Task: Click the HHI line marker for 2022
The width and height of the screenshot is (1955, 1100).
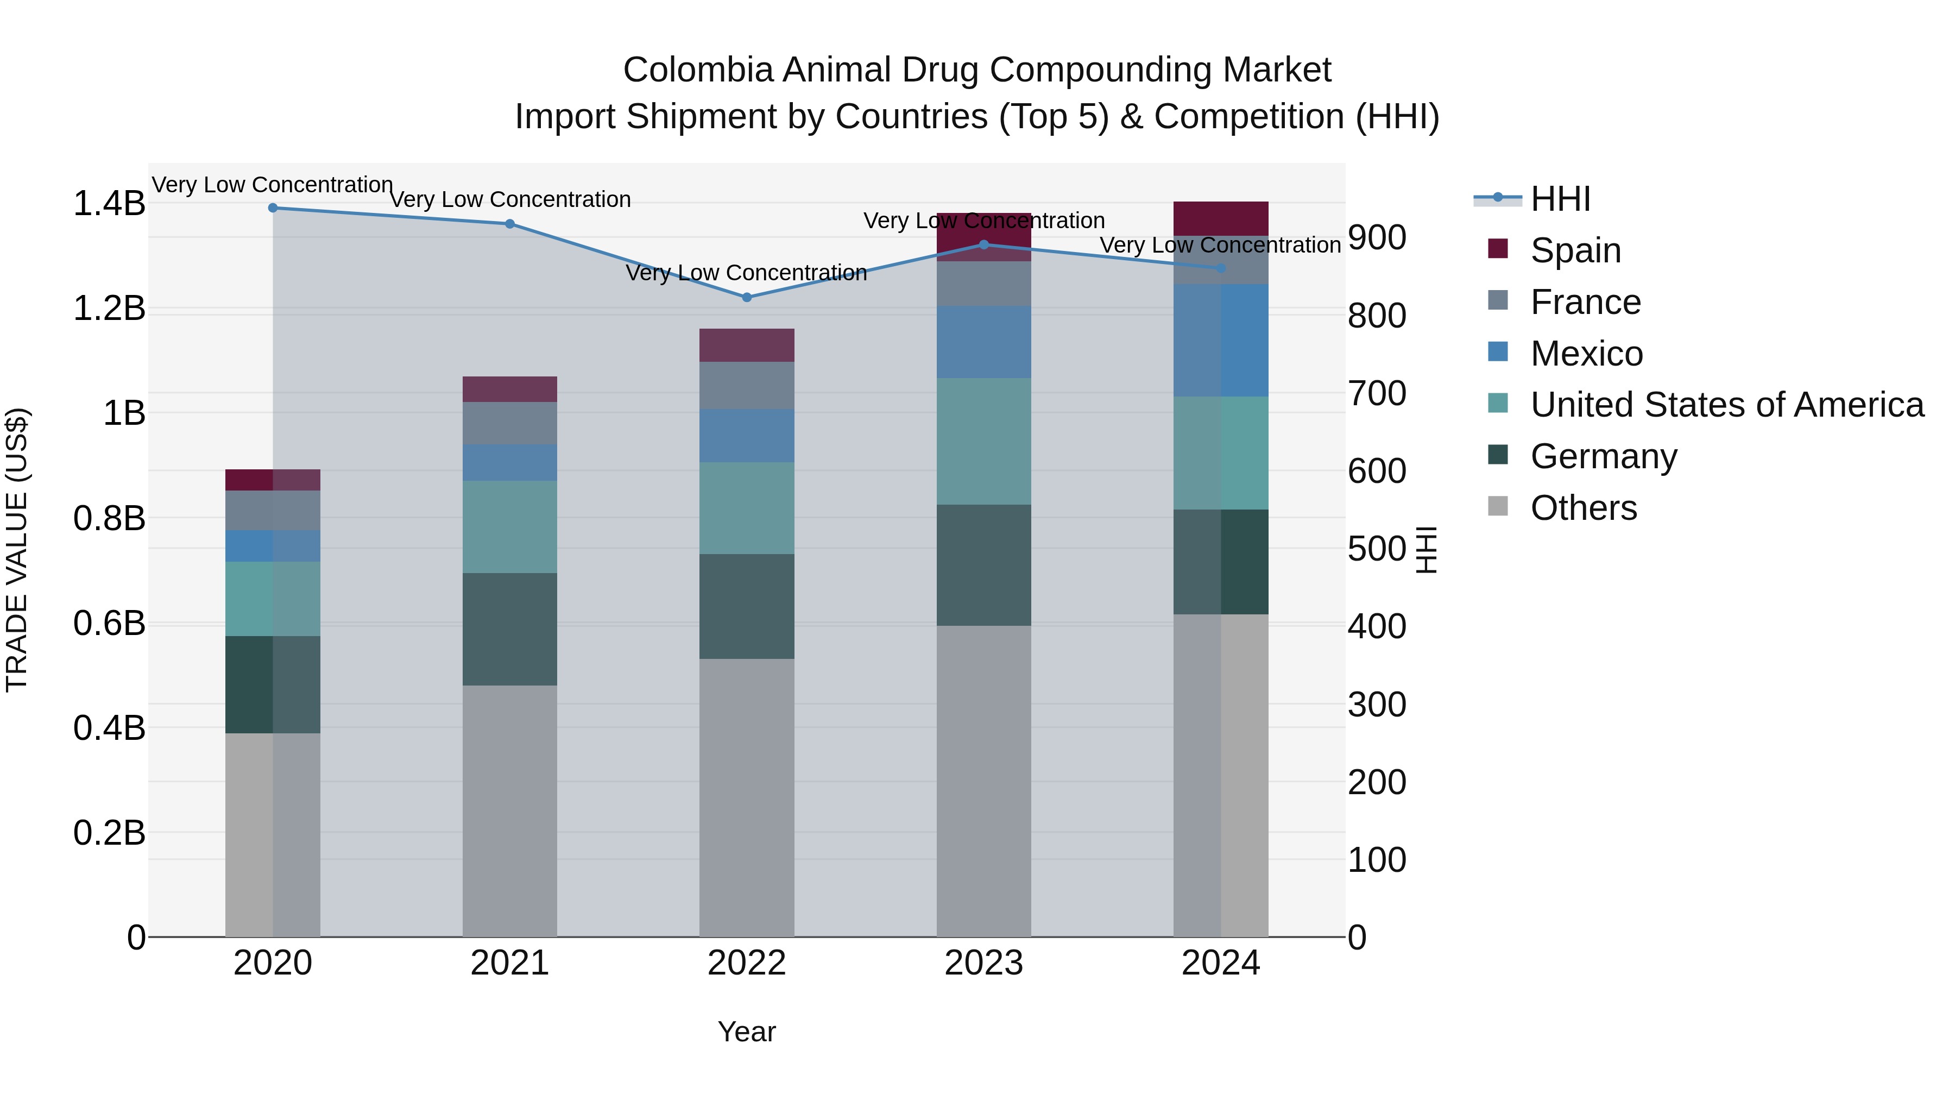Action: coord(747,298)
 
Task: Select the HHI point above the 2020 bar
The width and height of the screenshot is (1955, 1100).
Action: coord(273,208)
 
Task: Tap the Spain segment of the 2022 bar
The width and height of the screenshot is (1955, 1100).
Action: coord(747,345)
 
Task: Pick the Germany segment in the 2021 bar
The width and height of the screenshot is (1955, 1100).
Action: coord(510,630)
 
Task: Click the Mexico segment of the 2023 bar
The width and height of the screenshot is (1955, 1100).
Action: coord(983,342)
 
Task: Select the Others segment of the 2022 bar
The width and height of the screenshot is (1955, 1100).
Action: coord(747,797)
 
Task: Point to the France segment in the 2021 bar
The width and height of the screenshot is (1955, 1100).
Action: coord(510,424)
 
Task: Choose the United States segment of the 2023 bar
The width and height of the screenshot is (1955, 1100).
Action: coord(983,442)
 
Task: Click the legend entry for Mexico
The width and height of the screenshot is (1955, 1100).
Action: coord(1586,354)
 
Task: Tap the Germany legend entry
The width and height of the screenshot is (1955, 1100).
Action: coord(1603,456)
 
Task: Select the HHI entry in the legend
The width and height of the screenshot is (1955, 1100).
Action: coord(1560,199)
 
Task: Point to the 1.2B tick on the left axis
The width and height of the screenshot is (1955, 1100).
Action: coord(109,308)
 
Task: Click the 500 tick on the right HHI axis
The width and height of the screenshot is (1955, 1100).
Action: coord(1377,549)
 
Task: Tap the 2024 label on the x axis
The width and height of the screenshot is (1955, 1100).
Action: coord(1220,963)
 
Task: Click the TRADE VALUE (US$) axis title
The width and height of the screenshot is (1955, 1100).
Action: coord(17,550)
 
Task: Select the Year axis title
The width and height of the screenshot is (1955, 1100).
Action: coord(747,1032)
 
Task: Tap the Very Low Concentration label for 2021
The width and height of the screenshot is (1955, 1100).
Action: coord(510,200)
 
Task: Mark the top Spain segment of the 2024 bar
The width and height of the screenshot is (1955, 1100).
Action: coord(1220,218)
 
